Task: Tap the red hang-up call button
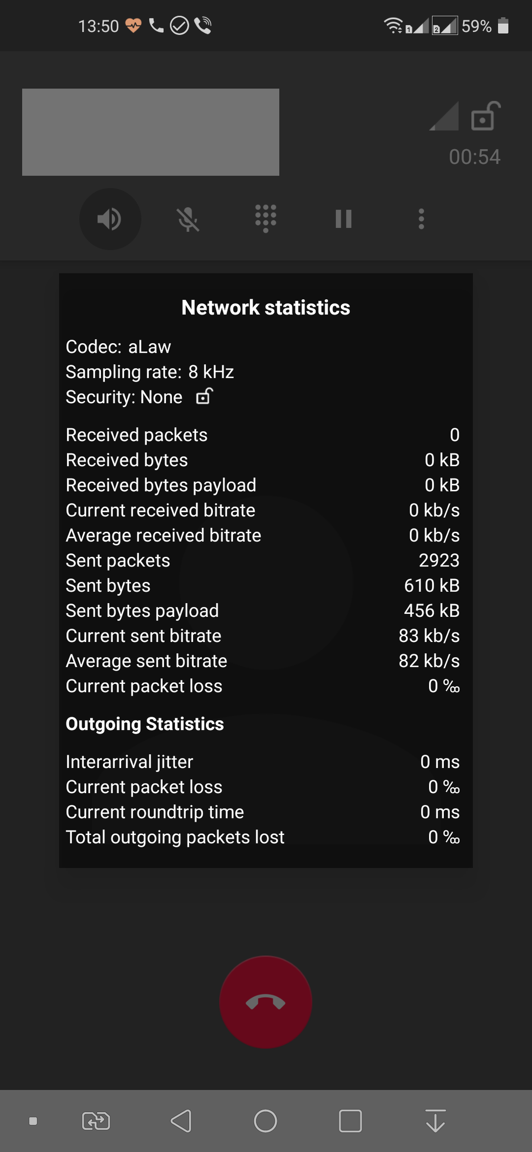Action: tap(266, 1002)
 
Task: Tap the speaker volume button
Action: tap(109, 219)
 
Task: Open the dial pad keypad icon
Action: tap(266, 219)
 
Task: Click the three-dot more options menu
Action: tap(422, 219)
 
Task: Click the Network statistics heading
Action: tap(266, 307)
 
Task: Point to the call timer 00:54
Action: tap(475, 157)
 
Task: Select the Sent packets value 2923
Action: tap(439, 560)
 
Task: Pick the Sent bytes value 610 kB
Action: tap(432, 586)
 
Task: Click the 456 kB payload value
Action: tap(432, 611)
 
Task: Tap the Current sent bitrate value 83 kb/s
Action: tap(429, 636)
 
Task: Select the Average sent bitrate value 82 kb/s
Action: tap(429, 661)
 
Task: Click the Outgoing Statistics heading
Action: tap(145, 724)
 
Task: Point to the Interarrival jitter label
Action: tap(130, 762)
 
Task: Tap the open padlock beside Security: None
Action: tap(204, 397)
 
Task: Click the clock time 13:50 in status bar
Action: tap(98, 26)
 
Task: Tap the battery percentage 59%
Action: tap(477, 26)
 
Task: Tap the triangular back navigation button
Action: tap(181, 1121)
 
